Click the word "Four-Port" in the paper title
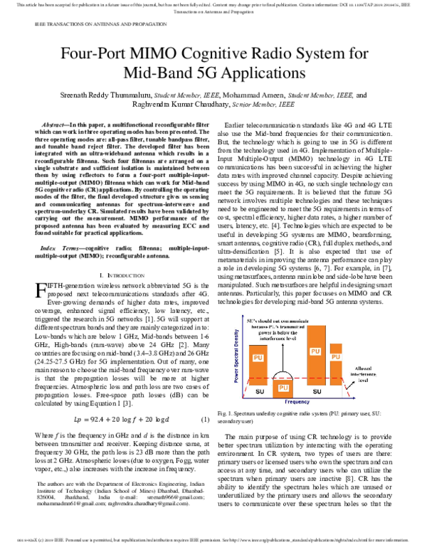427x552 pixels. pyautogui.click(x=100, y=55)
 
